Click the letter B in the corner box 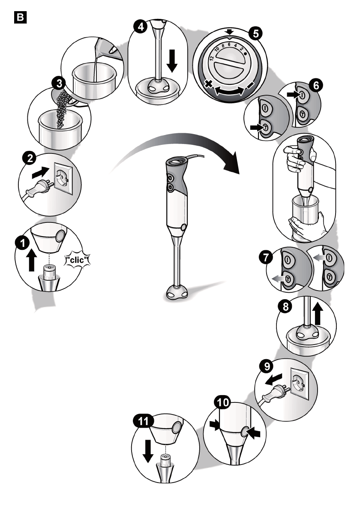click(x=20, y=18)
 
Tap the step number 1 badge click(x=22, y=243)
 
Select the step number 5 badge click(x=255, y=33)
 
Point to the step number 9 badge click(x=267, y=366)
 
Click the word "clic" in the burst click(x=77, y=260)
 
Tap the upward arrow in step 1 click(x=31, y=260)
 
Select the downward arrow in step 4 click(x=172, y=60)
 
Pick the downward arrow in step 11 click(x=148, y=451)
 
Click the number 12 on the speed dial click(x=212, y=58)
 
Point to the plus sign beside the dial click(x=208, y=84)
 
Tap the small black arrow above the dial click(x=230, y=32)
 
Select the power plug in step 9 click(x=274, y=393)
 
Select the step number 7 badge click(x=266, y=258)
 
